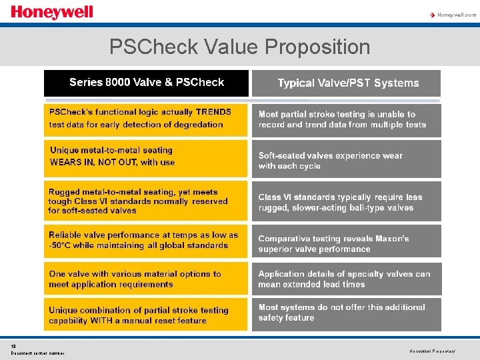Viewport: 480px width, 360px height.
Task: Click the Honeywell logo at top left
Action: click(x=52, y=13)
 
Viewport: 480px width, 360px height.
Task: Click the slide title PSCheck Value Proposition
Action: click(x=239, y=47)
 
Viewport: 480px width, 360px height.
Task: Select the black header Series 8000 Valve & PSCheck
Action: click(x=146, y=83)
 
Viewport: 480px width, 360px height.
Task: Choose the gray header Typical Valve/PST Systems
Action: click(x=347, y=83)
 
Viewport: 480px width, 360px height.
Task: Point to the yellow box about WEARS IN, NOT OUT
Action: click(x=145, y=157)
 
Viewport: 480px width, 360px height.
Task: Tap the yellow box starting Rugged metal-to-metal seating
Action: click(x=145, y=201)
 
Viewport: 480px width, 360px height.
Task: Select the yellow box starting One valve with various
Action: click(x=145, y=279)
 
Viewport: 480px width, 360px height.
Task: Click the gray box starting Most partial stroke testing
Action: click(x=346, y=120)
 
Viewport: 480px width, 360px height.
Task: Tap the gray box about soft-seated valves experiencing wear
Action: click(x=346, y=161)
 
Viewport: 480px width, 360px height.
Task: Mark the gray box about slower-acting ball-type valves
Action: click(x=346, y=202)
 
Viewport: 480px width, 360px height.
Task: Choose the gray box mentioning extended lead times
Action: click(x=346, y=279)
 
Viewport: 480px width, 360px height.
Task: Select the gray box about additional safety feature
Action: click(x=346, y=313)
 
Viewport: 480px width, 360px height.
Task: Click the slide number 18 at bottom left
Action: click(x=13, y=346)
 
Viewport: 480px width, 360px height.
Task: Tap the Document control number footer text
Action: click(x=37, y=353)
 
